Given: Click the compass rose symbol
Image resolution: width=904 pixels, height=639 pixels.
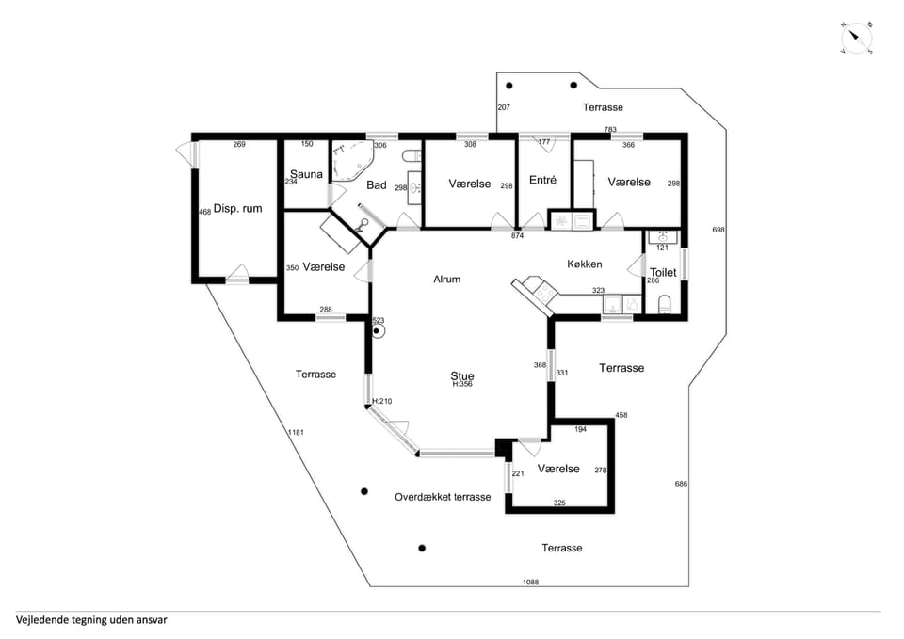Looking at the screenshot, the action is click(x=857, y=39).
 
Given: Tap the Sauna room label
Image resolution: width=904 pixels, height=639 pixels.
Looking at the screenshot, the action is click(x=306, y=174).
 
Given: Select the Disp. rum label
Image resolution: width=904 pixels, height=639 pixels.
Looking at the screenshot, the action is click(x=237, y=209).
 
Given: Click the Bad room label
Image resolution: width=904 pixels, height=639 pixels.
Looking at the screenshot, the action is click(x=377, y=185).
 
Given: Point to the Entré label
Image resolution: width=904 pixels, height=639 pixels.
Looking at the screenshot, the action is click(x=542, y=181).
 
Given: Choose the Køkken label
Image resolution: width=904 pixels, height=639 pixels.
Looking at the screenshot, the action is click(x=585, y=264).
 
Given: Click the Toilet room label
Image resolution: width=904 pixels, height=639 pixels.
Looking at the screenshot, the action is click(x=663, y=272).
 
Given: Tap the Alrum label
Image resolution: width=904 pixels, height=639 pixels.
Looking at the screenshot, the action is click(x=446, y=280).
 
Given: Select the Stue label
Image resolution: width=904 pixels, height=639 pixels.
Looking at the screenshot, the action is click(x=462, y=376).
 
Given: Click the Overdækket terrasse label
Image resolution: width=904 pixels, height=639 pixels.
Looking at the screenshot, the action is click(x=443, y=497).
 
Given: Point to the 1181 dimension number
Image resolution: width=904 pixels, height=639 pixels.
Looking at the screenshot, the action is click(x=296, y=432).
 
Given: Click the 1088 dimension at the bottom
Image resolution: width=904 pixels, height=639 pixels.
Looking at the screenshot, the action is click(x=530, y=582).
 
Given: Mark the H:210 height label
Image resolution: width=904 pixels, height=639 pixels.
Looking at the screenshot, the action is click(x=382, y=401).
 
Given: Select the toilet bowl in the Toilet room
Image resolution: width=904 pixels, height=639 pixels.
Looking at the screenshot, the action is click(x=664, y=304).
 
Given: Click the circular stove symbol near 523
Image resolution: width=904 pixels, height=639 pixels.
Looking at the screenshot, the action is click(x=377, y=330).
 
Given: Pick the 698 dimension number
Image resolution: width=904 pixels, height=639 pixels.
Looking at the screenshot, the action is click(x=718, y=230).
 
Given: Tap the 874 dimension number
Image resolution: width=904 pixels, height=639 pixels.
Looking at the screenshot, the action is click(x=517, y=235).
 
